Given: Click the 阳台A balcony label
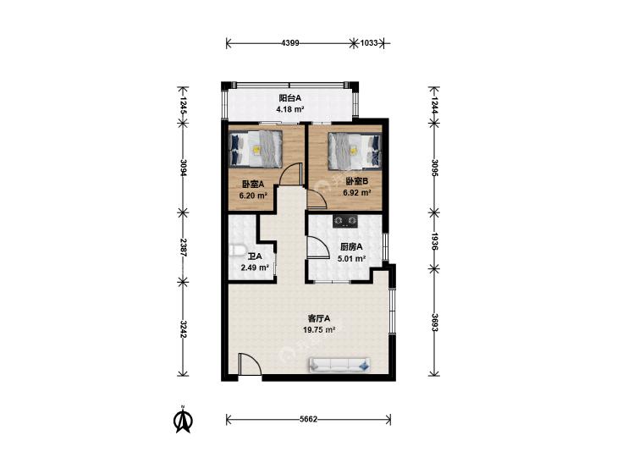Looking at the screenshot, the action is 290,98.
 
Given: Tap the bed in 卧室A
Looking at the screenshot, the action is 256,149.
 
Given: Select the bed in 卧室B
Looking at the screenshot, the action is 355,151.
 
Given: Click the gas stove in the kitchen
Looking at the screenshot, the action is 345,222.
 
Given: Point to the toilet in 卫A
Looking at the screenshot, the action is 237,251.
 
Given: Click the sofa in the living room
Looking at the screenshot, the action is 340,365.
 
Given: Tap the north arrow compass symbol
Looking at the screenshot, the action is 183,419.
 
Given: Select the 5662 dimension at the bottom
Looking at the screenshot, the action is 308,419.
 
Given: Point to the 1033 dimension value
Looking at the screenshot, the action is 369,43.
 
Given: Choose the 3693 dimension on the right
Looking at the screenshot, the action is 435,322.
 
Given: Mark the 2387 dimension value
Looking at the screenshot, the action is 184,247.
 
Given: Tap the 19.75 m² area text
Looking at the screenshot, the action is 319,330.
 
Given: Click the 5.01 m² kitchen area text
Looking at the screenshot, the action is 352,259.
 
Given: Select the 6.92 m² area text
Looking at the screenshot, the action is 357,193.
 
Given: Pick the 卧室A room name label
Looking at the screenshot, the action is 252,184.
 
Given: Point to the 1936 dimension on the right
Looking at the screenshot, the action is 435,241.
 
